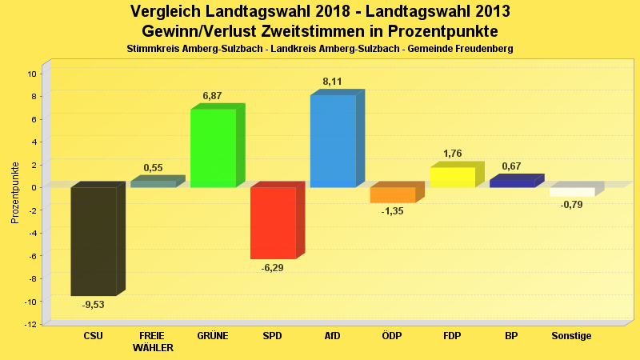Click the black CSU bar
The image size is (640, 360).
tap(93, 241)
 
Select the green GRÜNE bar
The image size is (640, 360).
tap(213, 148)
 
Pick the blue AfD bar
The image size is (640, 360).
tap(333, 141)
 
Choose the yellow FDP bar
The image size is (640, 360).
tap(453, 177)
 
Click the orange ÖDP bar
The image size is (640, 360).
tap(393, 194)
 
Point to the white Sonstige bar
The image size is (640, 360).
tap(572, 192)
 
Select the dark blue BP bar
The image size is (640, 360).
tap(512, 183)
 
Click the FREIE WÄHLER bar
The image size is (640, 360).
tap(153, 184)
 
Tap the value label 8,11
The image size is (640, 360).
tap(332, 81)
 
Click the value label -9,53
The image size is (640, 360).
tap(94, 305)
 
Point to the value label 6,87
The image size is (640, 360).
tap(212, 96)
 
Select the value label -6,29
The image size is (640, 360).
tap(273, 268)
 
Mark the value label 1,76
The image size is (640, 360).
tap(452, 154)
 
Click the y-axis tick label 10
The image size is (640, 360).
tap(32, 74)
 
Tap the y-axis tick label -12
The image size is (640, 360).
tap(30, 324)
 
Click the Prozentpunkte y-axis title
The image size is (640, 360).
tap(15, 193)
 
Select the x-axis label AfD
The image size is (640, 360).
tap(332, 336)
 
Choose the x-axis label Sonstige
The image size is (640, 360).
tap(571, 336)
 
